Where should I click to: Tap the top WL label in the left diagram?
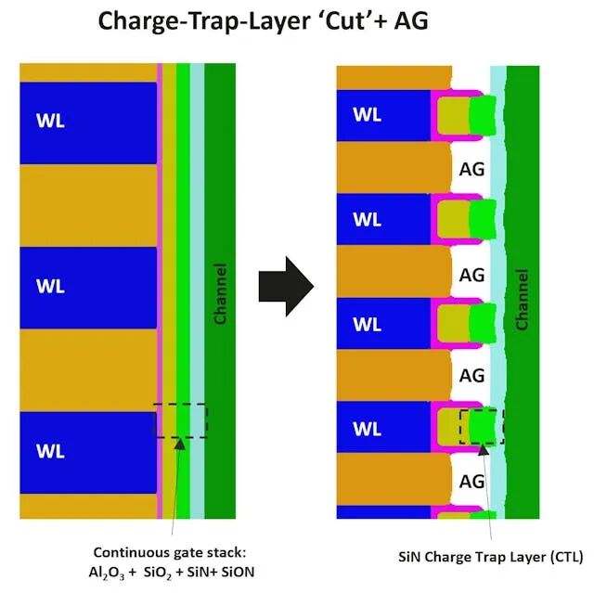point(50,121)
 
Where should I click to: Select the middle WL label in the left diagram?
point(50,286)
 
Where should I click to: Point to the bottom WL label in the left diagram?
point(50,452)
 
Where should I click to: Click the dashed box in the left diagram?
point(181,421)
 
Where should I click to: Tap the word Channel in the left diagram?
point(220,293)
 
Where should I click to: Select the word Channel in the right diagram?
point(522,300)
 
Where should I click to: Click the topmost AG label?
point(472,170)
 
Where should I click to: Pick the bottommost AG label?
point(472,482)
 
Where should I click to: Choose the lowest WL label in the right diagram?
point(368,429)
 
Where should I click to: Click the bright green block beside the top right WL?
point(482,116)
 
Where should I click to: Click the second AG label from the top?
point(472,275)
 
